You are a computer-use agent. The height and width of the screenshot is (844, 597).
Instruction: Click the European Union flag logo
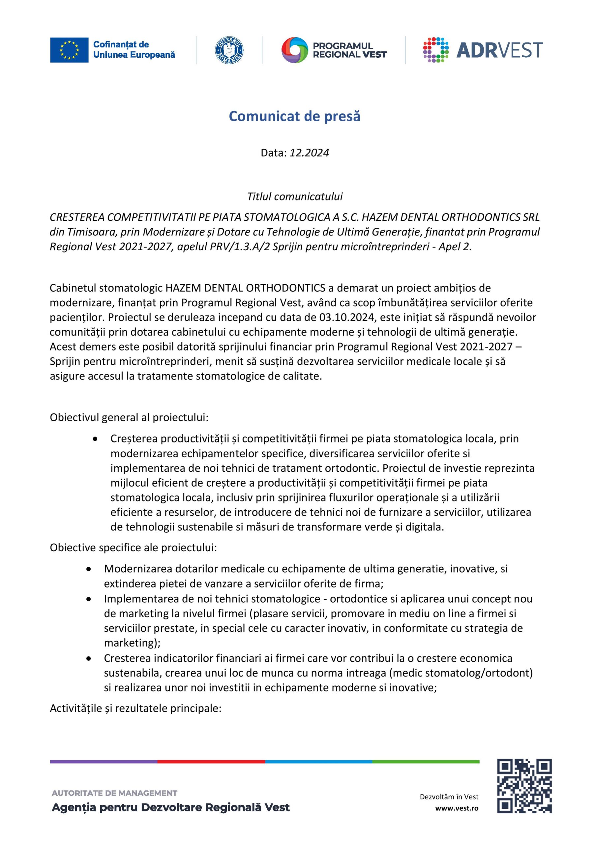coord(69,50)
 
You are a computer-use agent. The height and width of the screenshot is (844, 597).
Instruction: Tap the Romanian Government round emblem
coord(229,50)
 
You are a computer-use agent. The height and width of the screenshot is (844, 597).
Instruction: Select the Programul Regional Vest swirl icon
coord(294,50)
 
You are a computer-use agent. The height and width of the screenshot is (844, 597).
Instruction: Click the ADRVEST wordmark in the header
coord(499,50)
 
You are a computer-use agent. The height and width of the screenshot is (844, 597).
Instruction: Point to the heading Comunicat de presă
coord(294,116)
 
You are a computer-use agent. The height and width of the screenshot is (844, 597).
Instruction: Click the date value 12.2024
coord(309,153)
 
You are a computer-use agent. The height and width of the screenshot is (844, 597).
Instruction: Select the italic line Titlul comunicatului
coord(294,197)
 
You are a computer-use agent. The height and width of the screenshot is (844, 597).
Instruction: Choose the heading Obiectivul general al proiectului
coord(129,418)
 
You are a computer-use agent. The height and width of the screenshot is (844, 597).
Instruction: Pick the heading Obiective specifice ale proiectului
coord(134,548)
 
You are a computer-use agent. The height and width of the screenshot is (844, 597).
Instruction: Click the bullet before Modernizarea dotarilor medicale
coord(89,569)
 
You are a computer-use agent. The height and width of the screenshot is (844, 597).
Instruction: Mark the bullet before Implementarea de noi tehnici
coord(89,599)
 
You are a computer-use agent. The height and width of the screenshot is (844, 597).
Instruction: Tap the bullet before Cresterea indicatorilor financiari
coord(89,659)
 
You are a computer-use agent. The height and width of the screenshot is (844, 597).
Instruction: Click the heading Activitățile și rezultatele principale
coord(135,708)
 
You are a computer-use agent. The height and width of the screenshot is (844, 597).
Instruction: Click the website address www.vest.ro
coord(457,808)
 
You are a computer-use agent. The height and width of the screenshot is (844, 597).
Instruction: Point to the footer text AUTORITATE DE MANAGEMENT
coord(114,793)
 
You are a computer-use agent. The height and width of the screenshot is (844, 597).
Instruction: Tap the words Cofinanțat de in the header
coord(121,45)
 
